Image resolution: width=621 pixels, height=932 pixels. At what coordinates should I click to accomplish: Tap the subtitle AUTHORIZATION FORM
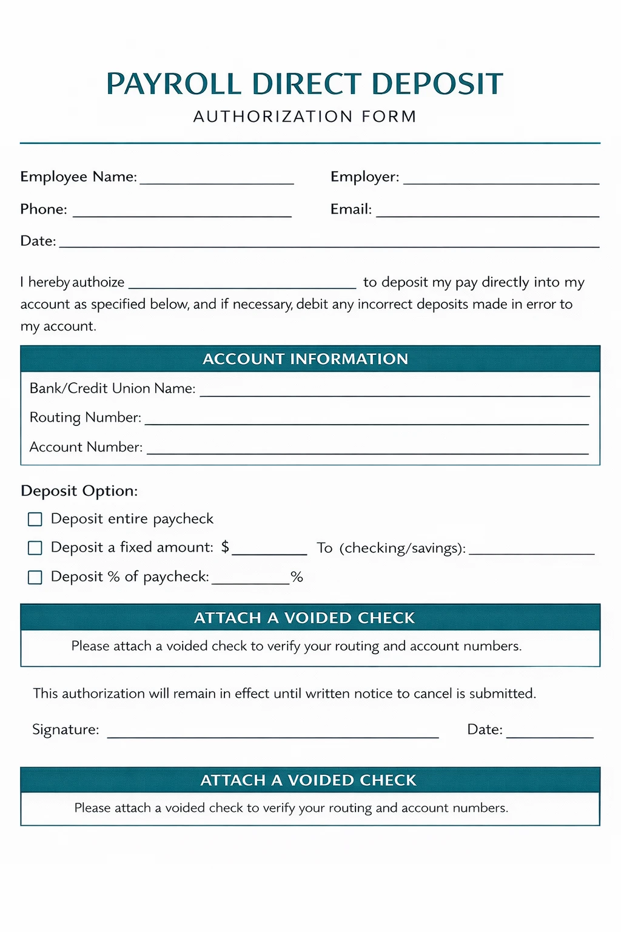coord(305,116)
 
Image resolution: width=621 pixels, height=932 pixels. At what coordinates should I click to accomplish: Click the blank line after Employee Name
coord(217,181)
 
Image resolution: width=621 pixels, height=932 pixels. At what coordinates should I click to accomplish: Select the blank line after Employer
coord(501,181)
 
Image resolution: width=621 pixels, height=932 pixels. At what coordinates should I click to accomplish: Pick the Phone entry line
coord(182,214)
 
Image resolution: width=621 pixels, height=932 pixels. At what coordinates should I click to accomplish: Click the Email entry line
coord(488,214)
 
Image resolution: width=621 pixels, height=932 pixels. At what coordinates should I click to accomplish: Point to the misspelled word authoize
coord(98,283)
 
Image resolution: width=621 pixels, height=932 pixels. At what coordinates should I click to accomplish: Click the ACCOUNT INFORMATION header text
coord(305,359)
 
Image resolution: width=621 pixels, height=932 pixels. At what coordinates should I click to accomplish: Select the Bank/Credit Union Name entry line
coord(394,393)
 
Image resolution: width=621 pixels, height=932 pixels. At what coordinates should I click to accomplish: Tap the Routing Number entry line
coord(366,422)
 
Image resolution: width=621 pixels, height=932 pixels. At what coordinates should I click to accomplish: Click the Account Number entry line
coord(368,451)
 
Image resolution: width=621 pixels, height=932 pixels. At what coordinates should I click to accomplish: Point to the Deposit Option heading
coord(79,491)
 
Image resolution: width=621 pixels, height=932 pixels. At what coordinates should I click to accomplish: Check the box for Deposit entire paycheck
coord(35,519)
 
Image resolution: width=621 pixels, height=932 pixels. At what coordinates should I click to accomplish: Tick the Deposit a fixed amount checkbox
coord(35,548)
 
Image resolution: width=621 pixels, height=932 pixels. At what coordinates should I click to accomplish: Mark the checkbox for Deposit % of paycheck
coord(35,577)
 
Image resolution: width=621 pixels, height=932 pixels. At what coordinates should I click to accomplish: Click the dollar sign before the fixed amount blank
coord(225,547)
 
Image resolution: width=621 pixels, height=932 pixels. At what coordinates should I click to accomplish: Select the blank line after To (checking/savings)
coord(532,552)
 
